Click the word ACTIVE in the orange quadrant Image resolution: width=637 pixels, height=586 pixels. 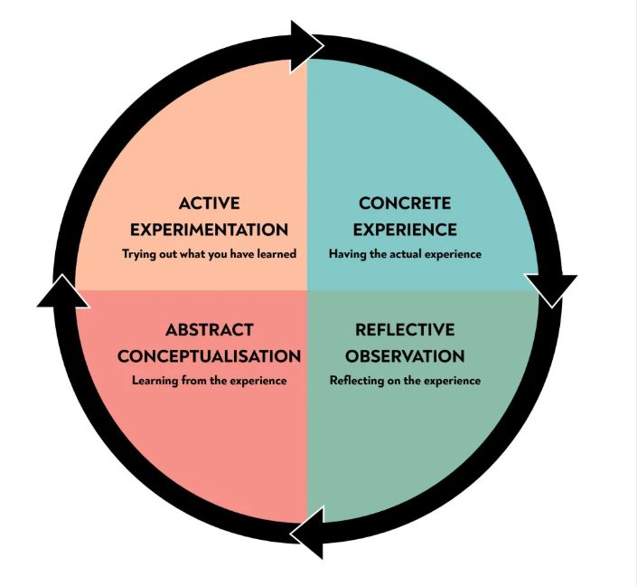(x=210, y=203)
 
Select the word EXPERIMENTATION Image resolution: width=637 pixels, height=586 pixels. (x=210, y=230)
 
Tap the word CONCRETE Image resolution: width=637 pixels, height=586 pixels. (x=405, y=203)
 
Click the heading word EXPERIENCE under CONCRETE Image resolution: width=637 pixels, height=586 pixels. (x=405, y=230)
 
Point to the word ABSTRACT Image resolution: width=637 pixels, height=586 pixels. (x=210, y=330)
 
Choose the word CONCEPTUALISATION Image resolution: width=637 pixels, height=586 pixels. (x=210, y=356)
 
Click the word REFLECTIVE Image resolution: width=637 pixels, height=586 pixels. (x=405, y=330)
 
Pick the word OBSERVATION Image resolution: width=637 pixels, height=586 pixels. (x=405, y=356)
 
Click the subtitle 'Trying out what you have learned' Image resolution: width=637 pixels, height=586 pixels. (x=210, y=254)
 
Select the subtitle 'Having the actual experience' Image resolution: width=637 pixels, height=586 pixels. (x=405, y=254)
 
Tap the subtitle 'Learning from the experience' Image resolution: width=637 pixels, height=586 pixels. (x=210, y=381)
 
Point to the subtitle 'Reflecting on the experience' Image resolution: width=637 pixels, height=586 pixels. (x=405, y=381)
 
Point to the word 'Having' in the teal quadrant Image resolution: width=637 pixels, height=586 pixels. (x=346, y=254)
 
